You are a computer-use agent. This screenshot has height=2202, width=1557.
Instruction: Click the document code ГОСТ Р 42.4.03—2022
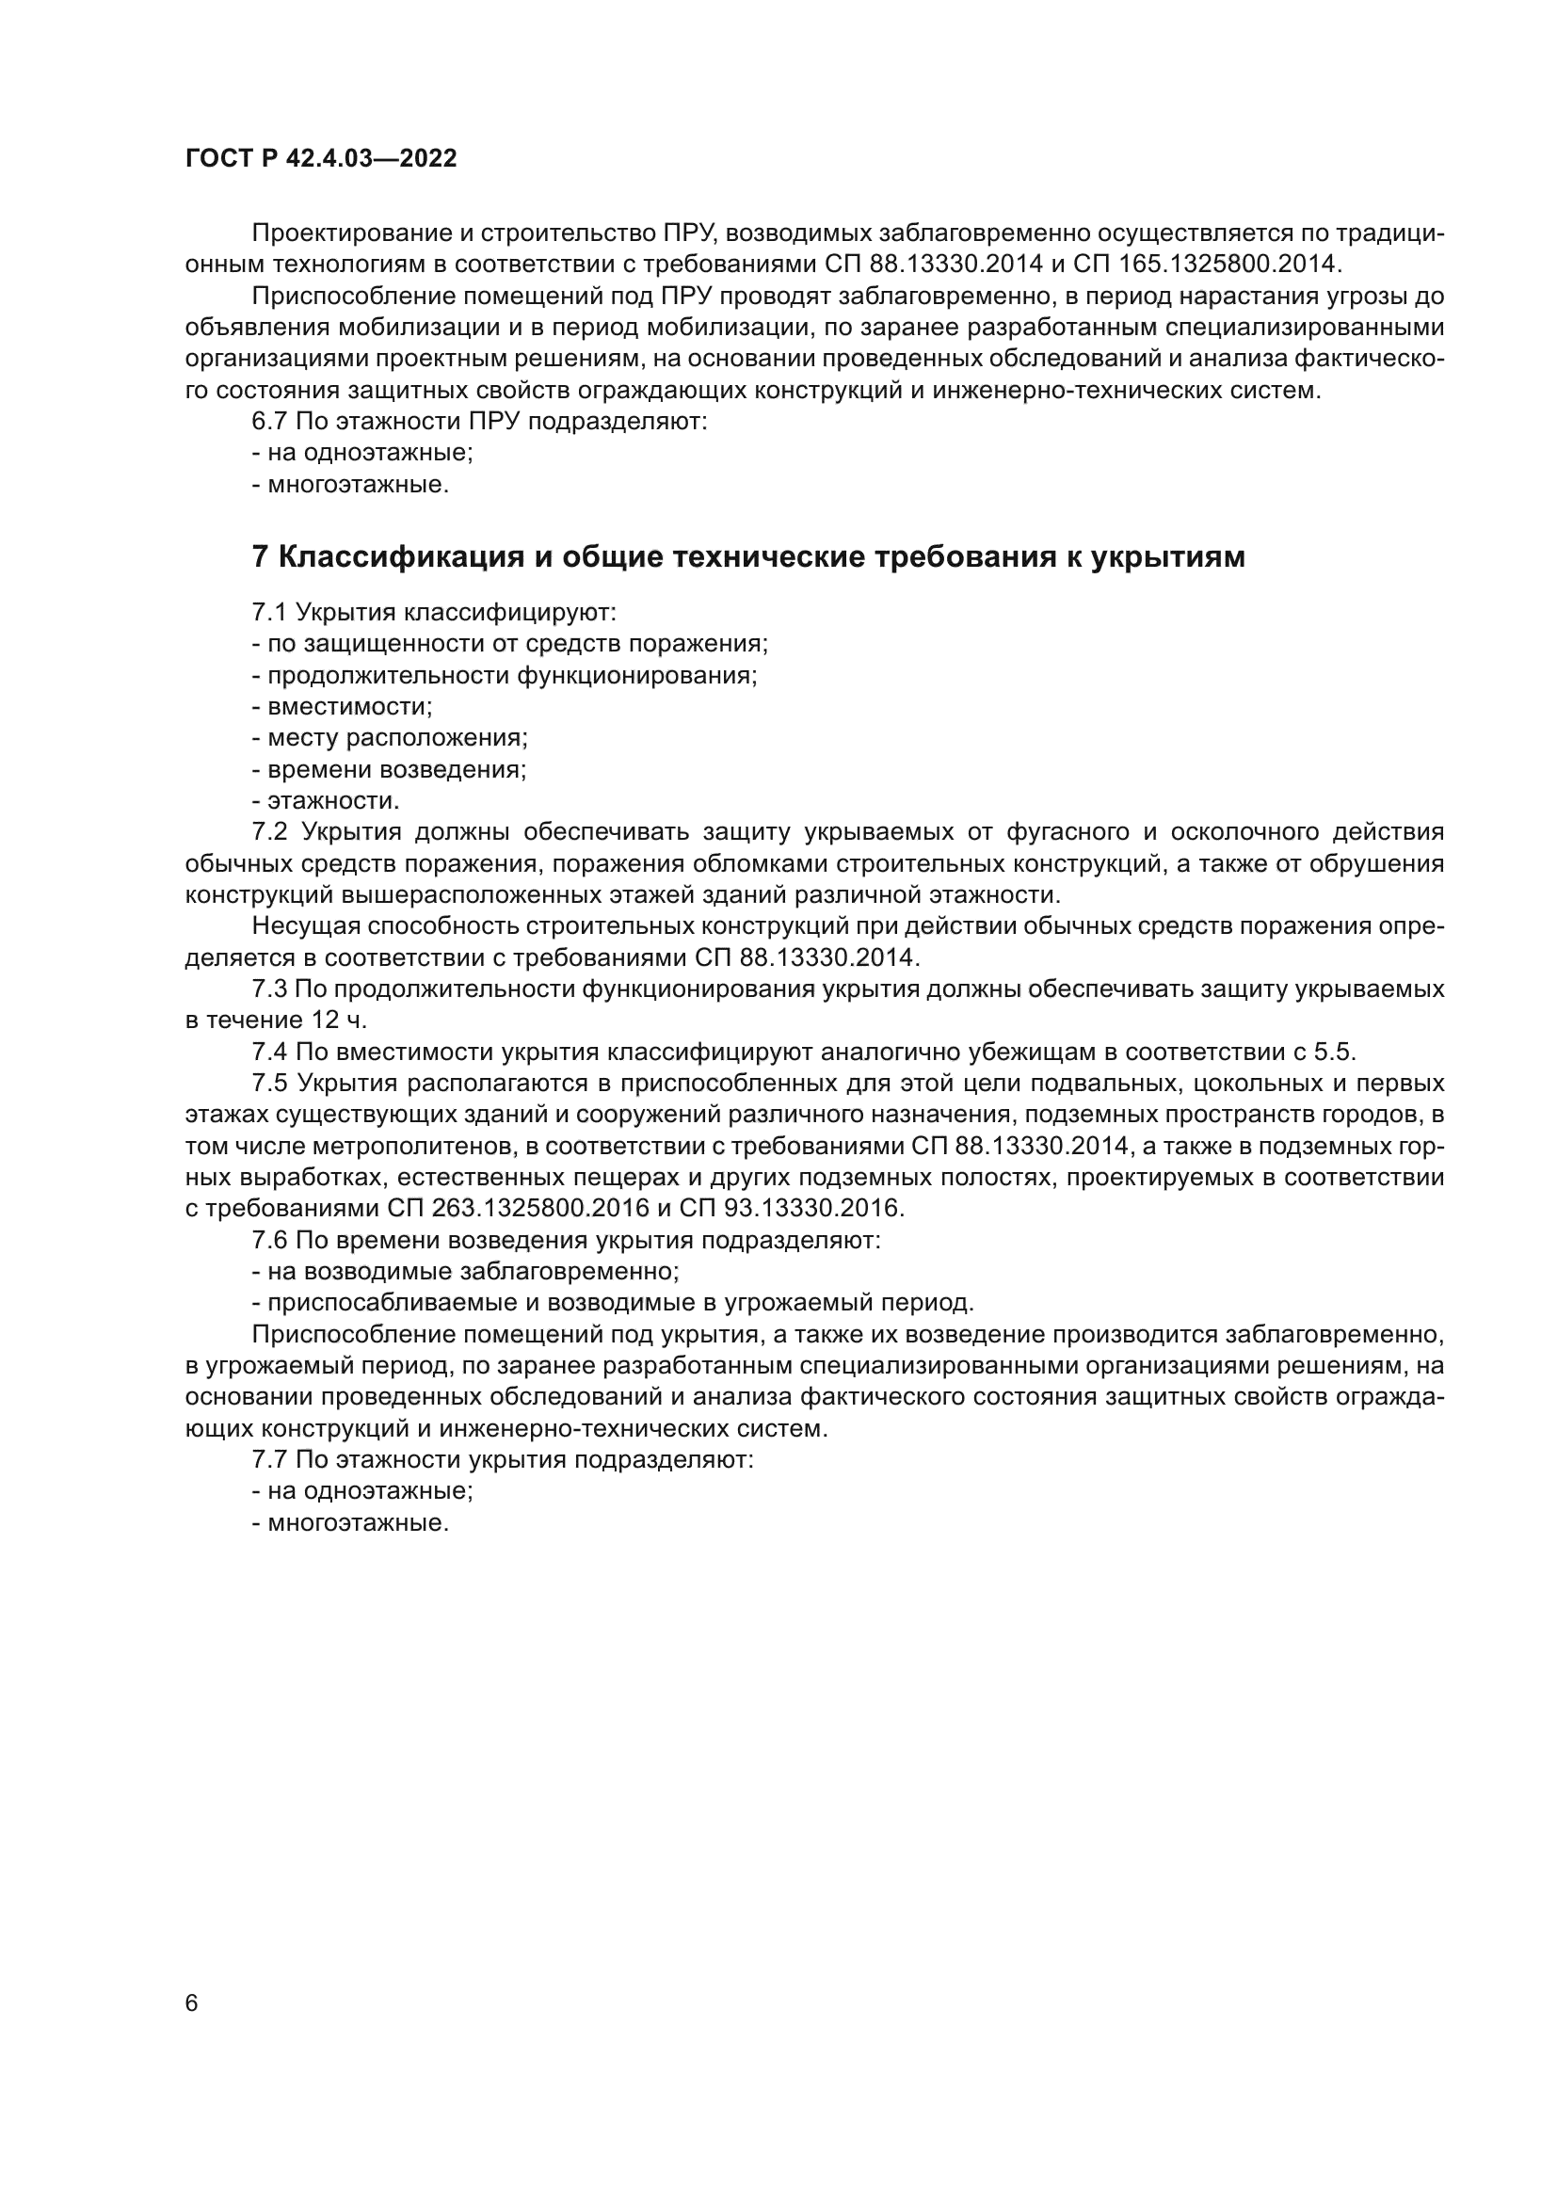[x=321, y=159]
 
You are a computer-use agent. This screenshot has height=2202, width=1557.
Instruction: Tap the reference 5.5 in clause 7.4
[x=1332, y=1053]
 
